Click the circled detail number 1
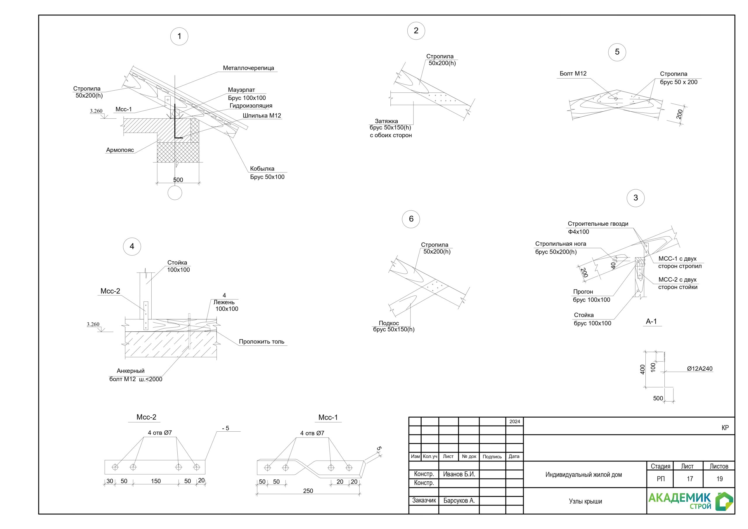(x=179, y=36)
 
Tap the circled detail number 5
(x=617, y=52)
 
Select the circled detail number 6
(x=411, y=219)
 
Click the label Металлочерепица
(x=248, y=68)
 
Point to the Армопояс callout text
(x=120, y=150)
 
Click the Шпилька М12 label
(x=262, y=115)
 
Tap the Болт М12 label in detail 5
(x=573, y=74)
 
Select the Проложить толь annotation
(x=262, y=342)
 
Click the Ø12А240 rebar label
(x=699, y=369)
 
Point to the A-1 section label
(x=651, y=321)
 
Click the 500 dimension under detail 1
(x=178, y=180)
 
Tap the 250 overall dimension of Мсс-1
(x=308, y=491)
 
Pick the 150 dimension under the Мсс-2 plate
(x=156, y=481)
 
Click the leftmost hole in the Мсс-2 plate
(x=115, y=467)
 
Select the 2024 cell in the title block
(x=515, y=421)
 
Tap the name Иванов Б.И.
(x=459, y=474)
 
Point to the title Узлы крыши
(x=585, y=501)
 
